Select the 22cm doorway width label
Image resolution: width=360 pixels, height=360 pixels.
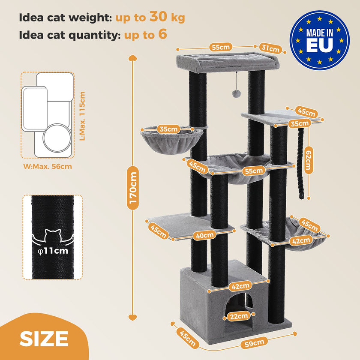click(x=237, y=317)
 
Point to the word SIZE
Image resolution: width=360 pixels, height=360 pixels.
click(x=44, y=339)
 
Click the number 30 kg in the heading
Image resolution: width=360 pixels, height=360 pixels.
click(x=167, y=17)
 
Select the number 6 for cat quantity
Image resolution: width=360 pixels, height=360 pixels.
click(x=162, y=34)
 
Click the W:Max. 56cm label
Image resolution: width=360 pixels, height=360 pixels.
click(x=47, y=166)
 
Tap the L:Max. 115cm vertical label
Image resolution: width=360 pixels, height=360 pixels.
click(x=83, y=116)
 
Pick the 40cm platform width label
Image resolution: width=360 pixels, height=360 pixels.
click(x=204, y=234)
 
